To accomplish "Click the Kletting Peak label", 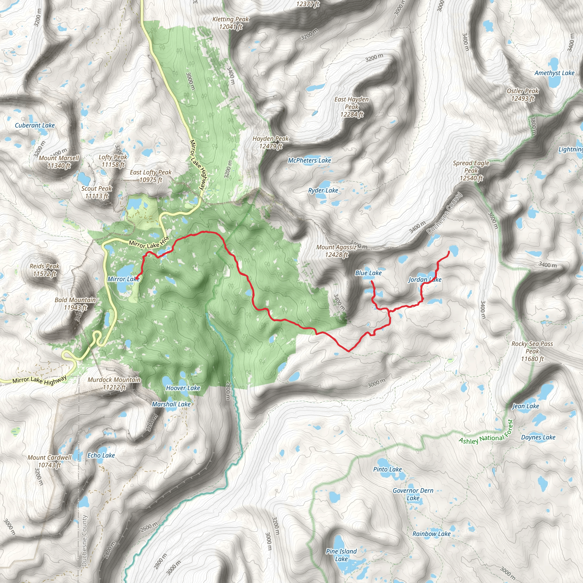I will [x=231, y=23].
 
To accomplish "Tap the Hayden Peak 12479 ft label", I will [x=270, y=142].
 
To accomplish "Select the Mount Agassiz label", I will [x=336, y=251].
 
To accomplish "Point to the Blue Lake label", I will [x=368, y=273].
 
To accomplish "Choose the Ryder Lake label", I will [x=323, y=190].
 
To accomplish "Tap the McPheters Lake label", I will [x=309, y=161].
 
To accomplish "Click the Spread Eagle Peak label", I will [x=471, y=171].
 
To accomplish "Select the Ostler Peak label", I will [x=523, y=95].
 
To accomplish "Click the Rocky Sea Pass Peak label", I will [x=532, y=351].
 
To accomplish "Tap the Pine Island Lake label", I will [x=341, y=555].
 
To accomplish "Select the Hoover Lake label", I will [x=183, y=388].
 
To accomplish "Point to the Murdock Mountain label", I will [x=114, y=383].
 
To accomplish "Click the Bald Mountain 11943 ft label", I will [x=75, y=303].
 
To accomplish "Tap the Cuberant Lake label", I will [x=35, y=125].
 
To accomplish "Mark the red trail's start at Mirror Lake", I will [x=136, y=278].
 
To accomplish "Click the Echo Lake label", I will [x=101, y=455].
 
